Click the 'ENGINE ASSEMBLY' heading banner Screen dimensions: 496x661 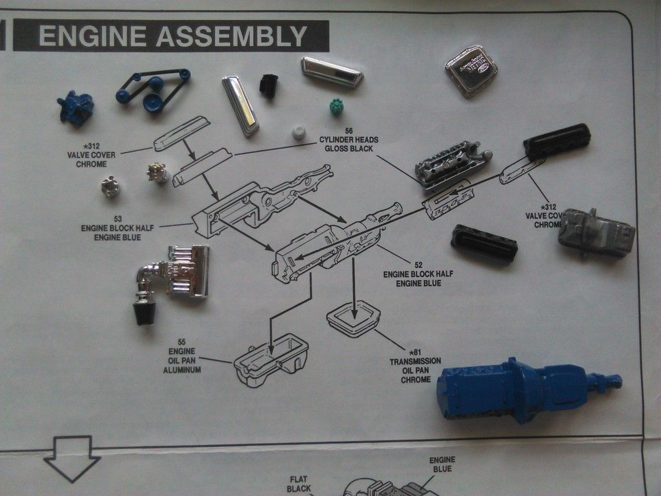(171, 36)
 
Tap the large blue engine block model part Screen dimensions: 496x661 (516, 390)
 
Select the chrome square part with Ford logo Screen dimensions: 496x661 (471, 70)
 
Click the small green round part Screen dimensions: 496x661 (336, 107)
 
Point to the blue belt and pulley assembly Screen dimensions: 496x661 (154, 90)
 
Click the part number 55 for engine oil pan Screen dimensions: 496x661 (181, 342)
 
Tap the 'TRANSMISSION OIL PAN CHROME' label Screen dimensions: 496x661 (416, 370)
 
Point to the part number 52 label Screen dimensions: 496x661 (418, 264)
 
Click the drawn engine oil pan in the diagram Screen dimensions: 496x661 (270, 360)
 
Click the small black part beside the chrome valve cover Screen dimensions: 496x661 (269, 86)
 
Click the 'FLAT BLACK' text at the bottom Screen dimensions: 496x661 (299, 484)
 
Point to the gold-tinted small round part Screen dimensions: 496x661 (158, 172)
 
